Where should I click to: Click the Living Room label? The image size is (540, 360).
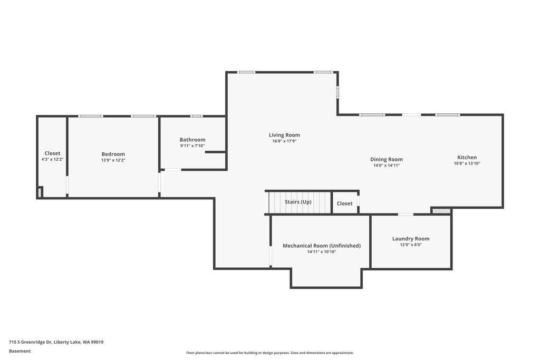(284, 135)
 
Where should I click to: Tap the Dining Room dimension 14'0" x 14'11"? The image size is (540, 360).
(386, 166)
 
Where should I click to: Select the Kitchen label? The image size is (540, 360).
(467, 157)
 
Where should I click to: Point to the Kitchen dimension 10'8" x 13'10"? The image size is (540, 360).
(467, 163)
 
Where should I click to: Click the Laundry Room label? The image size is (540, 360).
(411, 239)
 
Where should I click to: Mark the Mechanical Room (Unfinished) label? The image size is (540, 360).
(322, 246)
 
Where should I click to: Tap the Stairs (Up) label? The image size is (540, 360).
(298, 202)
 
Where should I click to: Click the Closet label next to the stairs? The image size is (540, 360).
(344, 203)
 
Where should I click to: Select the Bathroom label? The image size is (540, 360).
(192, 140)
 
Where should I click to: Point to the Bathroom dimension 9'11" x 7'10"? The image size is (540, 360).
(192, 146)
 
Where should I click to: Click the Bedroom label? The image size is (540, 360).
(113, 154)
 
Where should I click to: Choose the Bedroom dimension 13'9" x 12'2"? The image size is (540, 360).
(113, 160)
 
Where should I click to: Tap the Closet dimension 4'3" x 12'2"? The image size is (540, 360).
(52, 159)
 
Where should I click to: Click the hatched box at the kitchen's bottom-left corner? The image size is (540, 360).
(441, 211)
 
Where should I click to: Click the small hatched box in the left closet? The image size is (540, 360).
(40, 192)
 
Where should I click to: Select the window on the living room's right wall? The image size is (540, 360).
(337, 92)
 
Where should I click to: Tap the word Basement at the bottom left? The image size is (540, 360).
(20, 351)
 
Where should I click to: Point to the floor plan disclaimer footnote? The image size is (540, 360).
(269, 353)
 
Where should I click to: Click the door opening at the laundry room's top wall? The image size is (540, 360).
(405, 215)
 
